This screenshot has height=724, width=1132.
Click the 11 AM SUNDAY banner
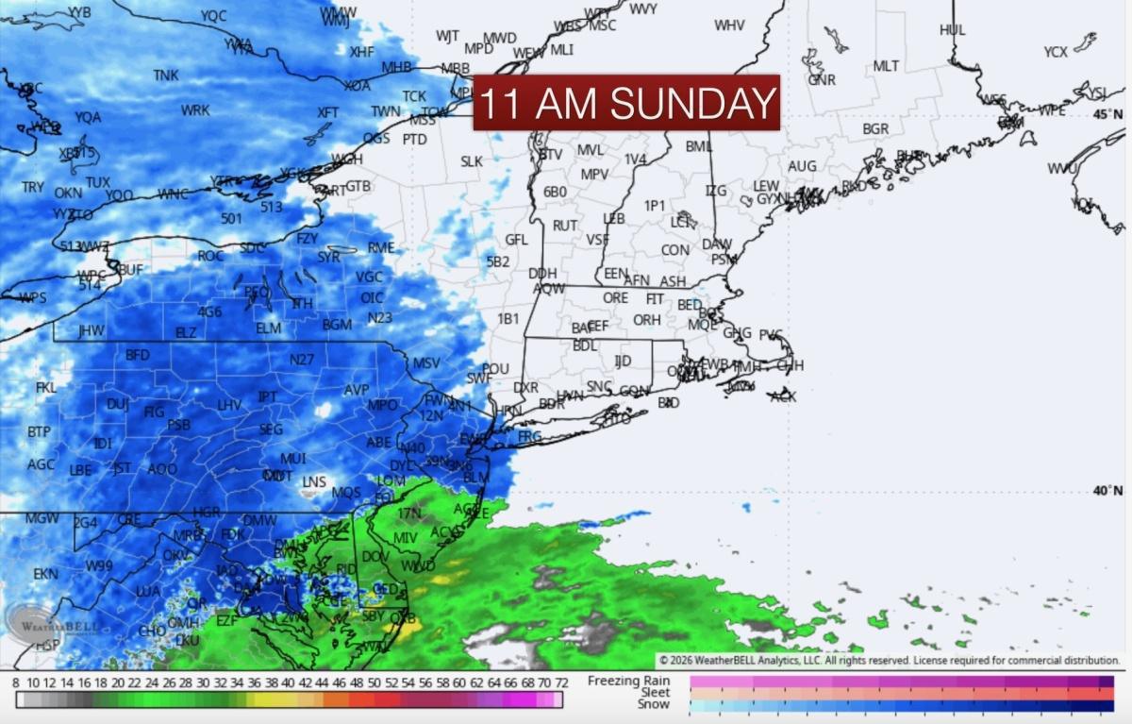(626, 102)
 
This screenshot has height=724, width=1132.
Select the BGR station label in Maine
(875, 128)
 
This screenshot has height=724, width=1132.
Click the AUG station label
(802, 166)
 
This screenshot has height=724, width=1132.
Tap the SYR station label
(328, 257)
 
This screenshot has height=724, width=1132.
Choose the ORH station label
(646, 320)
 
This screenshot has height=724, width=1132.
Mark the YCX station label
(1056, 52)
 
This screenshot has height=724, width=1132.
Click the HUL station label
(953, 30)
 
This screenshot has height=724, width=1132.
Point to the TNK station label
(166, 76)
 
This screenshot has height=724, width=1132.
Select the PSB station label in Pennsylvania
(178, 425)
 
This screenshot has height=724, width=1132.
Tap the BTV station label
(550, 154)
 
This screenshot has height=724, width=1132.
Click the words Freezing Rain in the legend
(628, 681)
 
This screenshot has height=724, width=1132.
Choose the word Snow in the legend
(654, 704)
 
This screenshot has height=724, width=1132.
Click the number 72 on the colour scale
(560, 682)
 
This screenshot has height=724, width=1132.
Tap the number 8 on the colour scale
(16, 682)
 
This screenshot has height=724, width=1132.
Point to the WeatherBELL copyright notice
(889, 661)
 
